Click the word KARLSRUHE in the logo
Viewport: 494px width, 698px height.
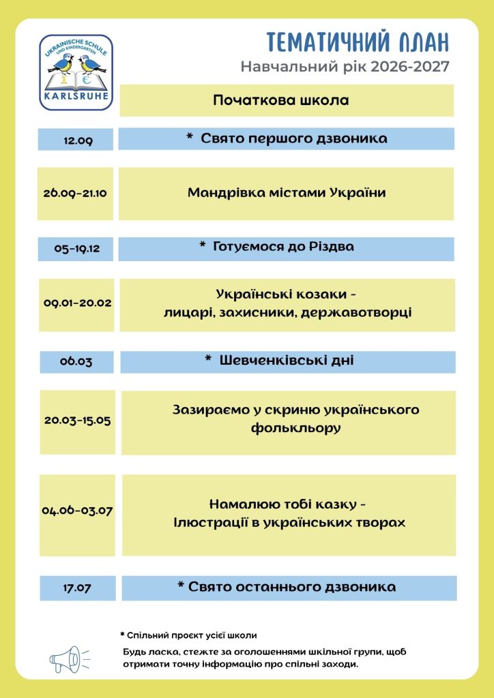[x=76, y=95]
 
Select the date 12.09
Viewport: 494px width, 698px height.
[x=78, y=141]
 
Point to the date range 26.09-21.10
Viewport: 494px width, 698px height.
[x=75, y=194]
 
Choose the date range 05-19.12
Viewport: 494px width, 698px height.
[x=77, y=249]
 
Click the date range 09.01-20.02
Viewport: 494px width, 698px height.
[x=78, y=303]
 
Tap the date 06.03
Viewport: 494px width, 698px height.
[x=76, y=361]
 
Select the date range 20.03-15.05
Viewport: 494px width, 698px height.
[x=78, y=420]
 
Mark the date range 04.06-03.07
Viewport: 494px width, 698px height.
[x=78, y=511]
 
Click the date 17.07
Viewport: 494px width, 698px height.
[x=77, y=588]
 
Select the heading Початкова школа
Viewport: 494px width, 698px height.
[x=281, y=100]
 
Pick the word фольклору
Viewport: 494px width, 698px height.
[x=295, y=428]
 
